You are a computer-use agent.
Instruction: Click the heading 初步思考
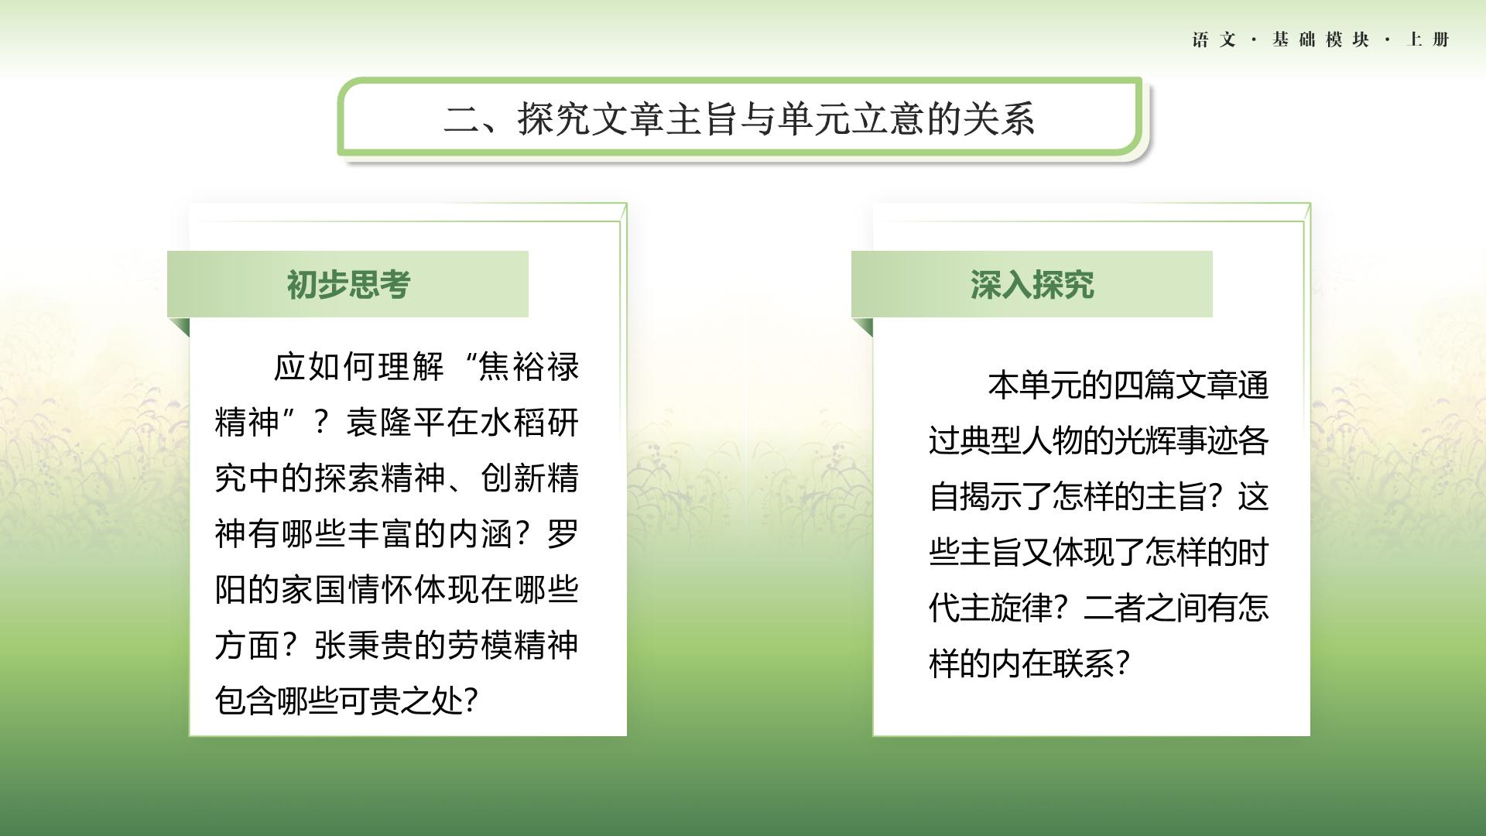[x=348, y=285]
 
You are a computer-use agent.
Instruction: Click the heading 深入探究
[x=1032, y=285]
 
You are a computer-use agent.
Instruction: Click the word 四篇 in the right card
[x=1144, y=385]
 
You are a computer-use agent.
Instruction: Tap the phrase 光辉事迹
[x=1175, y=441]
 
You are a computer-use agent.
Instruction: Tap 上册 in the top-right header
[x=1428, y=39]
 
